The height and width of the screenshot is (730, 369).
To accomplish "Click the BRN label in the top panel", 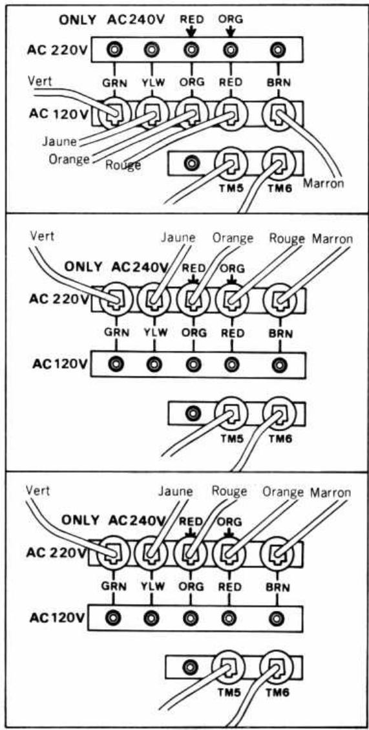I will [279, 82].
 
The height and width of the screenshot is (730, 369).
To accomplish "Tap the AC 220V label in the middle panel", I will [56, 299].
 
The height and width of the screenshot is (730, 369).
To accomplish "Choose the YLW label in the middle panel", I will [153, 332].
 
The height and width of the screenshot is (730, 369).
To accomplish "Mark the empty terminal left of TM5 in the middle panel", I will [191, 412].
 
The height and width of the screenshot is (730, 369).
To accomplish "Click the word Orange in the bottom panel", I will [283, 493].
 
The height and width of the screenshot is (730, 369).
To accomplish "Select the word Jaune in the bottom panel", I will [176, 491].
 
